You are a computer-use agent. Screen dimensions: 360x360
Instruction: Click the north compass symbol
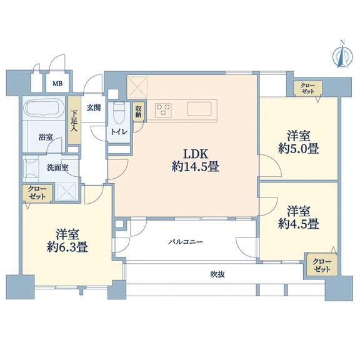coord(342,54)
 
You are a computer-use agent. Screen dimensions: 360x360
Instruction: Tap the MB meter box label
coord(57,84)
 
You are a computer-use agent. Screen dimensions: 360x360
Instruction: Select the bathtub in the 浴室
coord(42,108)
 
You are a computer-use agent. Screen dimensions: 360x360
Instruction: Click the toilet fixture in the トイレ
coord(119,113)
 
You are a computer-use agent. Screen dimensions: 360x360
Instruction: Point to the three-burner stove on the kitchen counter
coord(163,109)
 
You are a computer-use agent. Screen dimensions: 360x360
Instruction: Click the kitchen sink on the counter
coord(199,109)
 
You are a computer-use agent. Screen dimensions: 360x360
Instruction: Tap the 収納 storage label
coord(138,112)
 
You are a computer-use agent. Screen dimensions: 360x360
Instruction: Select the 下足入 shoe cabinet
coord(74,120)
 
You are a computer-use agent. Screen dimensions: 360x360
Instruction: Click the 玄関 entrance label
coord(94,107)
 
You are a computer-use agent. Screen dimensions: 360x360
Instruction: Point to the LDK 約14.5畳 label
coord(196,160)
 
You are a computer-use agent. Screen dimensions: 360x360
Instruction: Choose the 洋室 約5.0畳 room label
coord(299,142)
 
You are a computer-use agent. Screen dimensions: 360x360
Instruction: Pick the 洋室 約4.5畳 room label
coord(299,217)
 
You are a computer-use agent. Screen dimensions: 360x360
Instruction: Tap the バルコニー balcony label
coord(186,242)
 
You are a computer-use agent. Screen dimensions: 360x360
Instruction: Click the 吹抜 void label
coord(217,274)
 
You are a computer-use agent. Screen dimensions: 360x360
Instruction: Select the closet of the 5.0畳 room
coord(308,88)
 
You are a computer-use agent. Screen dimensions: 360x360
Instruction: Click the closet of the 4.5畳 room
coord(322,265)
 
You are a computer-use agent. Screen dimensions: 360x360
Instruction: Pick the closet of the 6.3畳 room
coord(37,193)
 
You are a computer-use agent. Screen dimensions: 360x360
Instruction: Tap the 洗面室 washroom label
coord(57,167)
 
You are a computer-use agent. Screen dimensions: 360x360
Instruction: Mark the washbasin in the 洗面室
coord(31,168)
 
